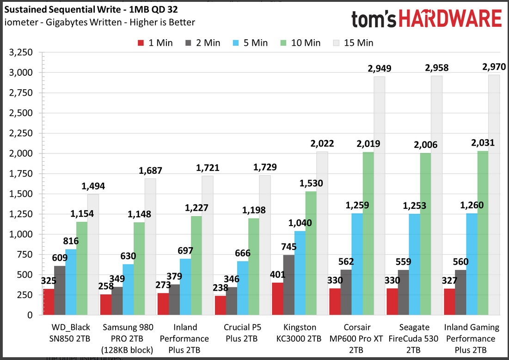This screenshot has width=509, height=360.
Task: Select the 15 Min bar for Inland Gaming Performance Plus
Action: pyautogui.click(x=494, y=194)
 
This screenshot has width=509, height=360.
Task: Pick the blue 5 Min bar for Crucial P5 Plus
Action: pyautogui.click(x=243, y=287)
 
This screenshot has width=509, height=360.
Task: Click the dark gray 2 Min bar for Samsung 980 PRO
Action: pyautogui.click(x=117, y=301)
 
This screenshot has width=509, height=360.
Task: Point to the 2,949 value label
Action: pyautogui.click(x=379, y=68)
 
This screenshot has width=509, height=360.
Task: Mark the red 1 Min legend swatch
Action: pyautogui.click(x=142, y=43)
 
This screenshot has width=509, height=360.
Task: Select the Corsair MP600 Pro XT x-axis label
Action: pyautogui.click(x=357, y=338)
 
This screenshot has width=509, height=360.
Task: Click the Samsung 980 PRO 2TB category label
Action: pyautogui.click(x=128, y=338)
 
